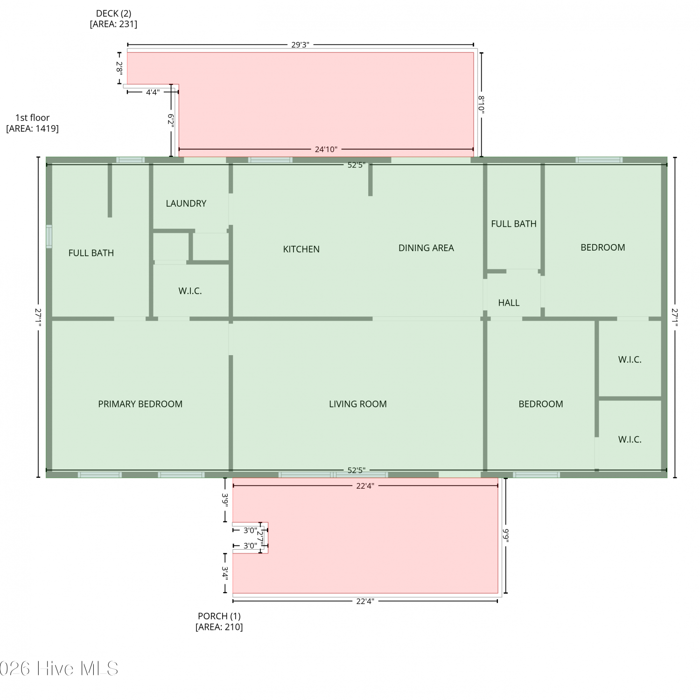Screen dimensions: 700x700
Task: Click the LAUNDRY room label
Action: (186, 203)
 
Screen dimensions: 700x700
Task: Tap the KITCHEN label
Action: (301, 249)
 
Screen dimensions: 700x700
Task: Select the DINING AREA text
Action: (426, 248)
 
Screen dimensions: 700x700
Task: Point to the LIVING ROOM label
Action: (358, 404)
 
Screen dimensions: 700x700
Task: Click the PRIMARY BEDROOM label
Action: (140, 404)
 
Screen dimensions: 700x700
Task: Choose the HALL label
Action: (509, 303)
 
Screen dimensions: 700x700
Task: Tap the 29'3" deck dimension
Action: (300, 45)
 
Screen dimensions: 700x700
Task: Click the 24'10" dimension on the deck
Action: (326, 149)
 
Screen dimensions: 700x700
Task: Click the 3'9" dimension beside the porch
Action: (225, 500)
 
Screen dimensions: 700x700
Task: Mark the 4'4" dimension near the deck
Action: (153, 92)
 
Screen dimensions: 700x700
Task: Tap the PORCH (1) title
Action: (219, 616)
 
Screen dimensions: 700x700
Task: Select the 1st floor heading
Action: (32, 118)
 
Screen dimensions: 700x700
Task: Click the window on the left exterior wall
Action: (49, 236)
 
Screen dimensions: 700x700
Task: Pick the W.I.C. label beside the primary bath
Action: (190, 291)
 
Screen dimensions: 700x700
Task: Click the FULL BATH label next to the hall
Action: (514, 224)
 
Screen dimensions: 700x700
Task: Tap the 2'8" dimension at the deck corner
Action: (119, 69)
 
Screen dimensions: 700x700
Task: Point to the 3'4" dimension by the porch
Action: (225, 573)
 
